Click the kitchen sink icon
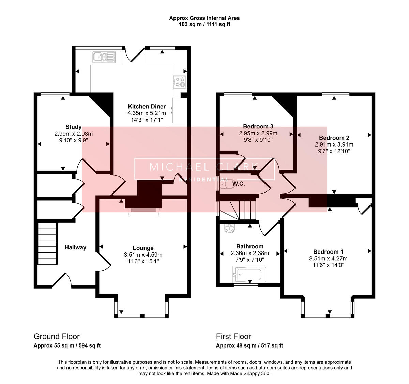point(104,57)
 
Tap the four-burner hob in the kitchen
point(179,81)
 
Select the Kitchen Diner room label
point(147,107)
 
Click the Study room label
point(73,127)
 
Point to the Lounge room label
point(143,248)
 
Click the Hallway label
point(75,247)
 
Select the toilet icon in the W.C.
point(227,184)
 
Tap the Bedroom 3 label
point(258,126)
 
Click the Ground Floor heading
point(57,336)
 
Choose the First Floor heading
point(233,336)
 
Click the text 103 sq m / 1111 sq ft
point(204,24)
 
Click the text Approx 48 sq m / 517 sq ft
point(249,345)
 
